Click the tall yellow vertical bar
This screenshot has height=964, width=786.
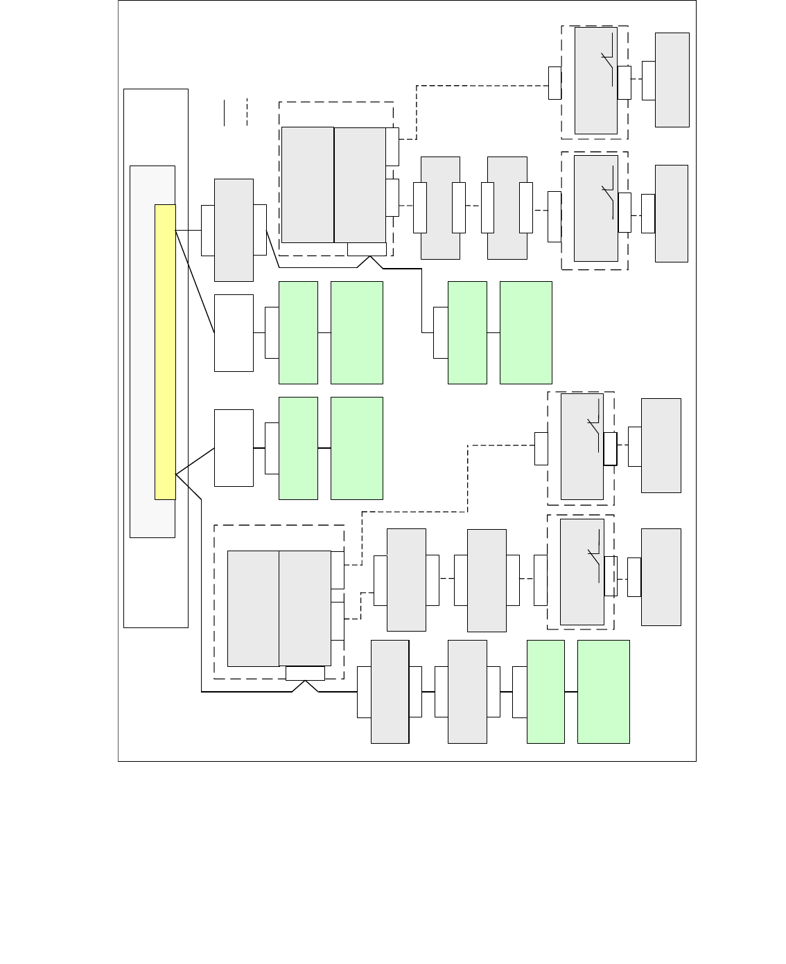(x=165, y=352)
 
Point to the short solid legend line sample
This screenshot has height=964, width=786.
(x=224, y=113)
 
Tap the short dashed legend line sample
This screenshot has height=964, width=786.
(x=247, y=113)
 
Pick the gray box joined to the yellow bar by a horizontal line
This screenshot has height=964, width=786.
(x=234, y=230)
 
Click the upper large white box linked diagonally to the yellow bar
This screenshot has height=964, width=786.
(x=234, y=333)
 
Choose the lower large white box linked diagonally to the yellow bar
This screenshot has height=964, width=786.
(x=234, y=448)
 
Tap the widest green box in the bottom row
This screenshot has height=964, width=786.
(x=603, y=691)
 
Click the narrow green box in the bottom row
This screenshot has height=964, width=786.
(x=545, y=691)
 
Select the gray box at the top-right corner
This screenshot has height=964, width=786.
(x=672, y=80)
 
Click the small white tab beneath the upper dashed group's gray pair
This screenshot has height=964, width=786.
(x=367, y=249)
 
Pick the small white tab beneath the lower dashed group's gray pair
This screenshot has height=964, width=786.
(x=305, y=673)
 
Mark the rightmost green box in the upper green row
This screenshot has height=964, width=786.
(x=525, y=332)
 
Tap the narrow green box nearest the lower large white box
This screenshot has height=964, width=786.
(x=298, y=448)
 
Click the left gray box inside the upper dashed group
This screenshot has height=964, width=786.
(x=308, y=185)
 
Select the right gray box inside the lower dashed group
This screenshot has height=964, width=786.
(x=305, y=608)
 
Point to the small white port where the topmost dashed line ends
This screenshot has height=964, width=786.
(x=554, y=83)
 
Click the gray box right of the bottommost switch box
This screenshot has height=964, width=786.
(x=661, y=577)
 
